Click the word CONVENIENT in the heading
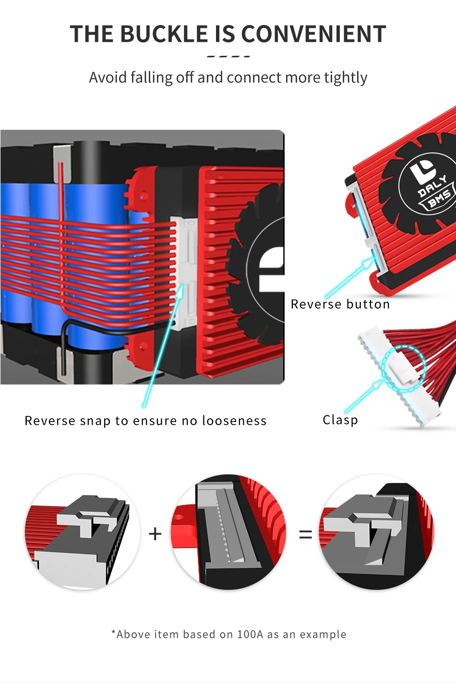pyautogui.click(x=313, y=34)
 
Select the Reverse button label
pyautogui.click(x=340, y=304)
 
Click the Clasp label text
pyautogui.click(x=340, y=420)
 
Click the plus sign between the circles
pyautogui.click(x=155, y=534)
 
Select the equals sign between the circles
pyautogui.click(x=305, y=534)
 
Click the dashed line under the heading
pyautogui.click(x=228, y=56)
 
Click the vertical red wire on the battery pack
pyautogui.click(x=61, y=202)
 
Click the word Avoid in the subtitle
pyautogui.click(x=108, y=77)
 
